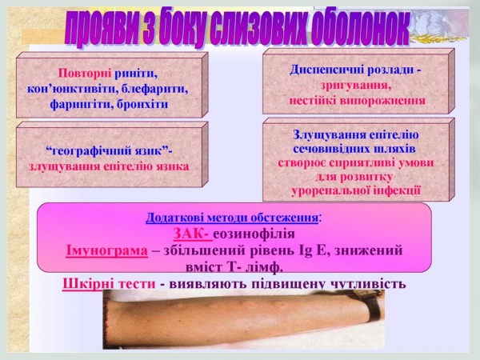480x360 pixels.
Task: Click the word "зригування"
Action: (x=356, y=85)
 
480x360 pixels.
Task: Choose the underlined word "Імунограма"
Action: (x=107, y=250)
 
